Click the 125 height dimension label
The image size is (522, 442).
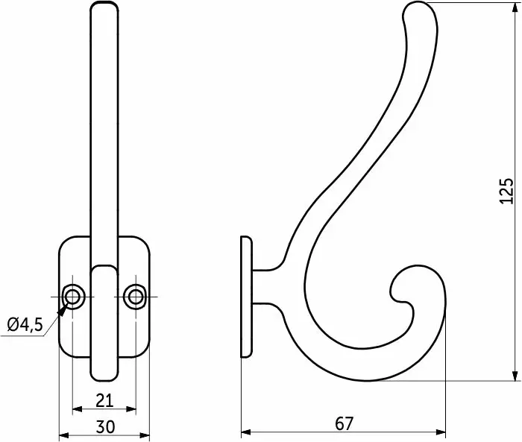[506, 191]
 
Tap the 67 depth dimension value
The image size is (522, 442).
[344, 423]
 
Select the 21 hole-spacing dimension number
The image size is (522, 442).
[104, 400]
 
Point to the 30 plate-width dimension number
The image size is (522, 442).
[105, 427]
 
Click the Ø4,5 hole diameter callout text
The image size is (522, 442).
[25, 325]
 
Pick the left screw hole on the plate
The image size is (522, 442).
[72, 296]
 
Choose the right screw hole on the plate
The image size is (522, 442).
[136, 296]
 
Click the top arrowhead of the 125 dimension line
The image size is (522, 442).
[515, 9]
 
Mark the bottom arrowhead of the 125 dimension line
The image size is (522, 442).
[515, 374]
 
